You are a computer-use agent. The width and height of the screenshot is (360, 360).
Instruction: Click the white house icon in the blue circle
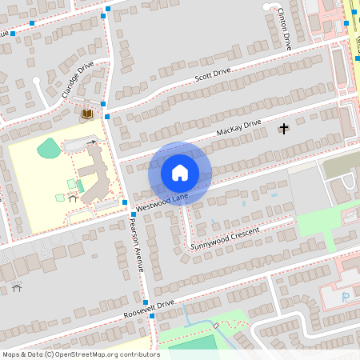(180, 173)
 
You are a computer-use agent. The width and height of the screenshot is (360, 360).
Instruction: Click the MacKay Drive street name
(238, 128)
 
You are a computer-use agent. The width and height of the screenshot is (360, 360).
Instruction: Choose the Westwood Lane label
(162, 201)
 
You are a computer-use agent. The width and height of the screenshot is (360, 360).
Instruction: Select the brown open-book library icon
(86, 115)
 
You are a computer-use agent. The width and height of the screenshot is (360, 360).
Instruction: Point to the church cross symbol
(282, 129)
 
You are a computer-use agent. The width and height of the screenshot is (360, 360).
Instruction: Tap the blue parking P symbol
(346, 298)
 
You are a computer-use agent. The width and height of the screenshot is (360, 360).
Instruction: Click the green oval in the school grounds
(49, 148)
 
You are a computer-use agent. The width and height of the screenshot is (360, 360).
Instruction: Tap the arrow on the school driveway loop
(93, 142)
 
